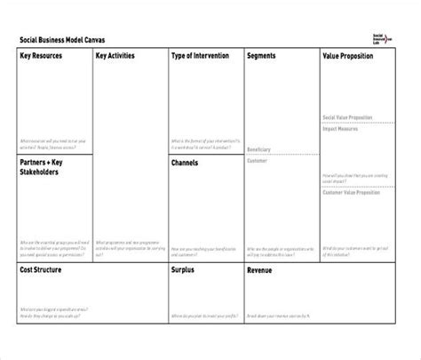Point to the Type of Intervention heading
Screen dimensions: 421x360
point(200,56)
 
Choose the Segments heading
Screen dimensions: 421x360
point(261,56)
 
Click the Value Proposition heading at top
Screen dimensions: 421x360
point(348,56)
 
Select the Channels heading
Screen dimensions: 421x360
point(187,164)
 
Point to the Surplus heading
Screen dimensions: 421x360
point(185,268)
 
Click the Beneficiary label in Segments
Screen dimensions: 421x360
point(259,149)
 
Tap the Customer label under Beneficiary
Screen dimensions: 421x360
point(257,162)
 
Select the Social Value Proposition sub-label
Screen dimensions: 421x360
point(348,117)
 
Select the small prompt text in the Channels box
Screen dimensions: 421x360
point(204,249)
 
